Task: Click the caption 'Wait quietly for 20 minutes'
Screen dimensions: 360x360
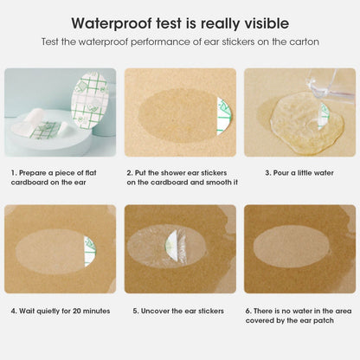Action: click(61, 310)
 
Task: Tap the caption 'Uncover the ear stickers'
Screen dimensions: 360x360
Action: click(180, 310)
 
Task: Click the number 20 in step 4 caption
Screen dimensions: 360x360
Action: click(76, 310)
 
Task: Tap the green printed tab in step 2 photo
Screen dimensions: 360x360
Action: click(224, 112)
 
